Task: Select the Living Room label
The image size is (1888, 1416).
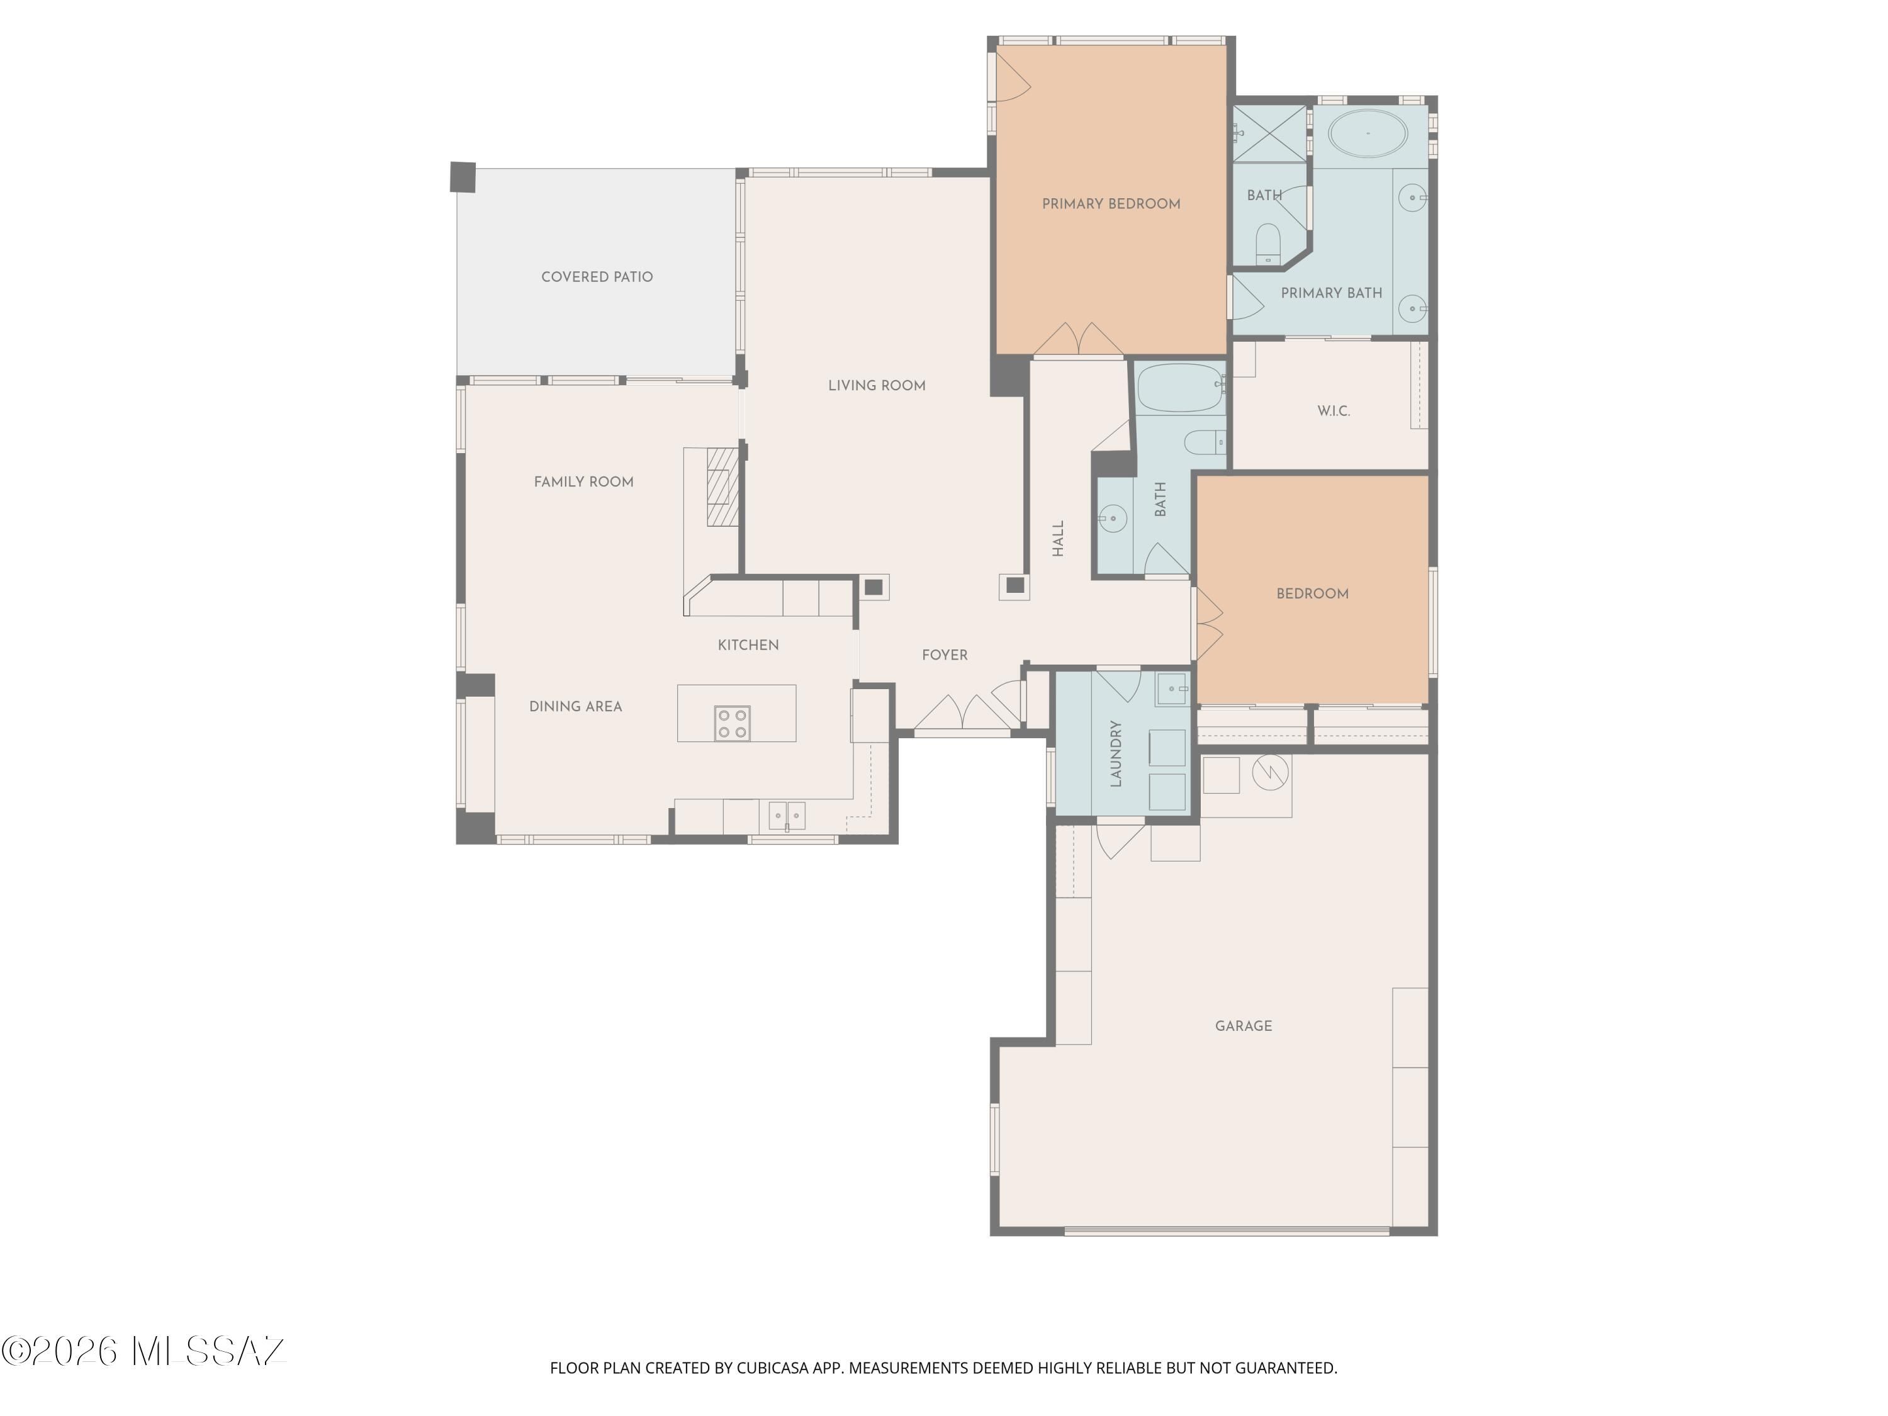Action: [877, 386]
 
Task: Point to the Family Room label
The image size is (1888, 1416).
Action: [584, 482]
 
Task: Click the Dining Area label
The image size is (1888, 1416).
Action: [575, 707]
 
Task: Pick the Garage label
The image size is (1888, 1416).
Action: [1244, 1026]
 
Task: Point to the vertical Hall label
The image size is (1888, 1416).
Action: [1059, 539]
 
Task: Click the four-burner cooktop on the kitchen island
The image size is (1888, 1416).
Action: [733, 723]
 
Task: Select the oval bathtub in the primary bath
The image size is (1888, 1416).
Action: [1368, 133]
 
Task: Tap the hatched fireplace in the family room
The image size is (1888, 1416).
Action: [722, 486]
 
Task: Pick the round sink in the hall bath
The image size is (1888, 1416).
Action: [1113, 518]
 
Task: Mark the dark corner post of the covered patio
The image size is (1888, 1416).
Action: [463, 177]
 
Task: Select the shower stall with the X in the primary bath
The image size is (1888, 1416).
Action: [1270, 133]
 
